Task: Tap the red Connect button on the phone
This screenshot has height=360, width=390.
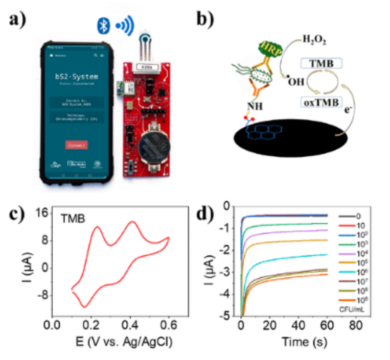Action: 76,145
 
